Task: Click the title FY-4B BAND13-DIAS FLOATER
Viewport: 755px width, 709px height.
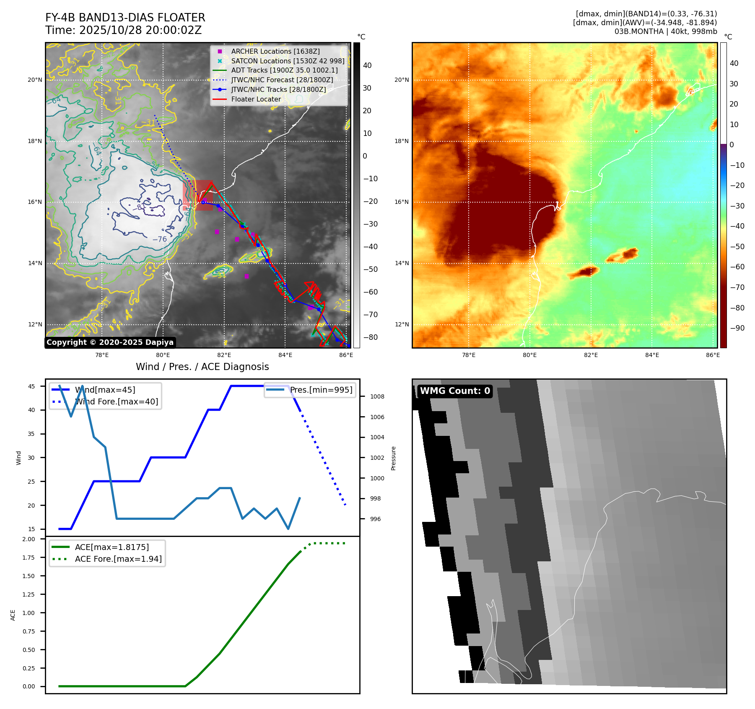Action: coord(125,18)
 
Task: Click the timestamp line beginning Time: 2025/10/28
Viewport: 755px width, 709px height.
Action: coord(123,30)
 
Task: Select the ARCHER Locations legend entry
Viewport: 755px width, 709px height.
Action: coord(275,51)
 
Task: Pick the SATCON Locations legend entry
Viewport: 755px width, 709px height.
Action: coord(288,61)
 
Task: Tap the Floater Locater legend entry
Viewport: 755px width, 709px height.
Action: coord(256,99)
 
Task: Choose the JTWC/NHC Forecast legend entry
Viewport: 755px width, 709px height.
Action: coord(282,80)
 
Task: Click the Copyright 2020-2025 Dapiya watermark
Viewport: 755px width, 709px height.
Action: coord(110,342)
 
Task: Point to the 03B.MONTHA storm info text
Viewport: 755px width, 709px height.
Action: coord(665,31)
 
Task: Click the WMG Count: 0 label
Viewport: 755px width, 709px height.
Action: coord(455,391)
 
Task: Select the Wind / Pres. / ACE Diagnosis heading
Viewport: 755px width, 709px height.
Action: coord(202,367)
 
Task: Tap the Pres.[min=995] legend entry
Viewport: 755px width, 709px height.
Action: coord(321,390)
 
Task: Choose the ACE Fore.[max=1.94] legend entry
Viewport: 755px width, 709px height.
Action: coord(118,559)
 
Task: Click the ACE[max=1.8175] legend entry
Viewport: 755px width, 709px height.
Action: coord(112,547)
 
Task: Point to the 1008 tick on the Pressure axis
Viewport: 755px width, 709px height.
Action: coord(377,396)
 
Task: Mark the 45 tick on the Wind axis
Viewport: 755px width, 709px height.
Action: coord(31,386)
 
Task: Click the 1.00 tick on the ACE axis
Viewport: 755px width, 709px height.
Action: coord(29,613)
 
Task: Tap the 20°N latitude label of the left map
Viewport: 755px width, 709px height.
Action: coord(35,80)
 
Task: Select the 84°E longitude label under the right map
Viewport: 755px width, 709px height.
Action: coord(652,355)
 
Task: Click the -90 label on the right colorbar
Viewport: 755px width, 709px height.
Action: coord(737,328)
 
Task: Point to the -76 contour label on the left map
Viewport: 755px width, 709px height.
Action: coord(159,239)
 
